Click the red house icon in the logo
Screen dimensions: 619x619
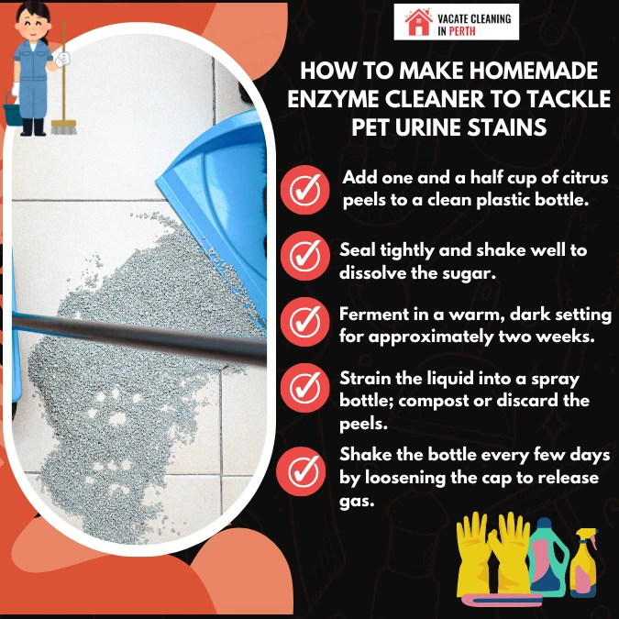tap(418, 22)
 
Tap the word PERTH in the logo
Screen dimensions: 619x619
tap(462, 31)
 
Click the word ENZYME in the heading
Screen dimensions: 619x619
tap(333, 99)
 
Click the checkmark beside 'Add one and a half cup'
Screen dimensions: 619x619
tap(304, 190)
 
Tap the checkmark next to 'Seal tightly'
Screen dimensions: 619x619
tap(304, 256)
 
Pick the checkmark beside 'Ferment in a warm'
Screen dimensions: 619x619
tap(304, 322)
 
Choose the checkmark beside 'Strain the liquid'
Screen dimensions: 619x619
tap(304, 388)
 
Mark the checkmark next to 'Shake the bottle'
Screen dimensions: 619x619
tap(301, 471)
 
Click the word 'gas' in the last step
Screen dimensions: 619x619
tap(357, 503)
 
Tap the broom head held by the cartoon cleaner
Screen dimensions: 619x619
tap(63, 127)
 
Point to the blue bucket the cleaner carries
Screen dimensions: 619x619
tap(12, 114)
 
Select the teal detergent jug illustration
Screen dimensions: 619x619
tap(548, 556)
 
